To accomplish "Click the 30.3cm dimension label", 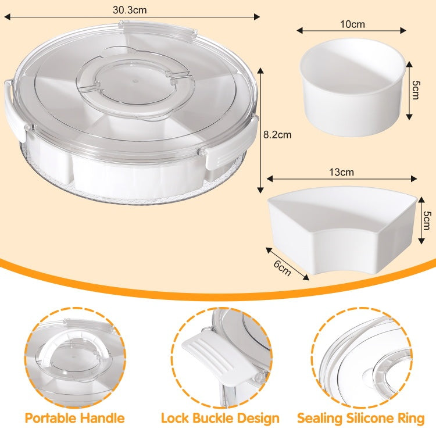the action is (130, 10).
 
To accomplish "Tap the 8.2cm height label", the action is (277, 135).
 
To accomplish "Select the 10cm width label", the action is (353, 24).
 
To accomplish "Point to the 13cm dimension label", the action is (341, 172).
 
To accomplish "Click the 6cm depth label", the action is (283, 268).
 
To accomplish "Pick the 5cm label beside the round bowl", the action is (416, 90).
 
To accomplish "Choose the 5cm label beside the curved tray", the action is (427, 220).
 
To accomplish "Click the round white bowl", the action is (353, 87).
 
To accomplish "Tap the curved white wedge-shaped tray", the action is (342, 230).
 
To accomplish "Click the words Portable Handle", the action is (75, 418).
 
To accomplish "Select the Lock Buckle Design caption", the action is (220, 418).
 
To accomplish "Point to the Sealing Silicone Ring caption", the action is (360, 418).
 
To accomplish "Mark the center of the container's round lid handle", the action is (135, 83).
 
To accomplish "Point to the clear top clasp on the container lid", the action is (158, 31).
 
